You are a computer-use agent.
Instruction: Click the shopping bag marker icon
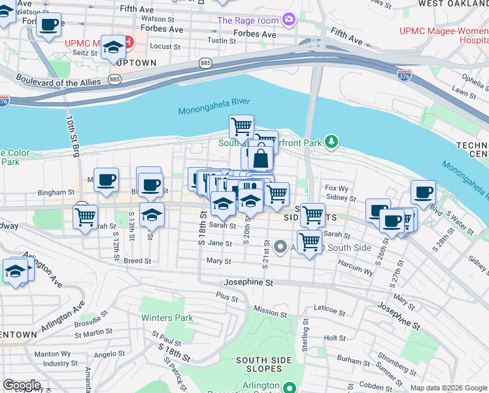[260, 158]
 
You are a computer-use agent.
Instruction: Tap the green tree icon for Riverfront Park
[332, 141]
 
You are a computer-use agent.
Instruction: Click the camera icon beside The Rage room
[288, 20]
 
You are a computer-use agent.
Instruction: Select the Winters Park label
[167, 318]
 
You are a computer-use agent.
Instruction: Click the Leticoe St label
[329, 307]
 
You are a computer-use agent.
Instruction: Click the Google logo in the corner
[22, 385]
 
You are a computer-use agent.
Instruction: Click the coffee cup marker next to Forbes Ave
[48, 25]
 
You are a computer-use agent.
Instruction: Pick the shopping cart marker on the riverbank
[241, 124]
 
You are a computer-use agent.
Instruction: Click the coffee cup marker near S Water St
[423, 192]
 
